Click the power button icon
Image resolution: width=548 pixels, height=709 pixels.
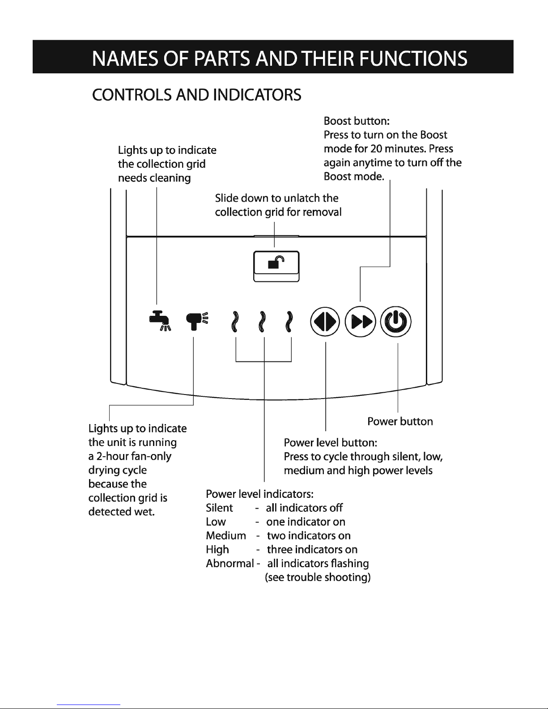pyautogui.click(x=396, y=322)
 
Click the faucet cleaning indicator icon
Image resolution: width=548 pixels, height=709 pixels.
pyautogui.click(x=159, y=321)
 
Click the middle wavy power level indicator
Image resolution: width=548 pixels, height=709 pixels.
pyautogui.click(x=262, y=322)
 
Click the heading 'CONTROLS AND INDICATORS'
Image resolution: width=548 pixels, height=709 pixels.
pyautogui.click(x=196, y=95)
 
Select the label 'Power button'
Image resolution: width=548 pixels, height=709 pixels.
pyautogui.click(x=400, y=421)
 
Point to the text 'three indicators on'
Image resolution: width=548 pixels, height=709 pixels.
pyautogui.click(x=312, y=549)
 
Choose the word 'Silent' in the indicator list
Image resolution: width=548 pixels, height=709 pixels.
pyautogui.click(x=219, y=508)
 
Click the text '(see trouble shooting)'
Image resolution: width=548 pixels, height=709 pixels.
pyautogui.click(x=318, y=577)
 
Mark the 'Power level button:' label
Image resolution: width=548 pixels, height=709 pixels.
pyautogui.click(x=331, y=443)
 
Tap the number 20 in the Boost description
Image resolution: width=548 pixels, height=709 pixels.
pyautogui.click(x=374, y=149)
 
